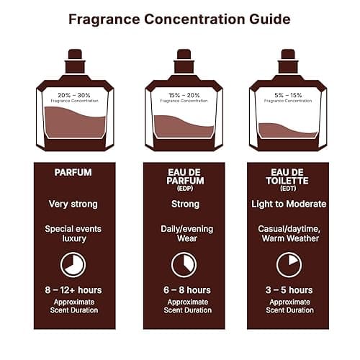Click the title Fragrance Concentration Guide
[x=180, y=19]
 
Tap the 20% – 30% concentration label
[x=73, y=94]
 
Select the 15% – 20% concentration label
[x=184, y=94]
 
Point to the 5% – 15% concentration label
[x=288, y=94]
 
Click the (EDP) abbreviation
[x=184, y=188]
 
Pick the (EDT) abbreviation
[x=288, y=188]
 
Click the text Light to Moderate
[x=288, y=204]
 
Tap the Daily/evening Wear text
[x=184, y=234]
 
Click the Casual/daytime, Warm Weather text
[x=288, y=234]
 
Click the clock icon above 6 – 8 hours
[x=184, y=264]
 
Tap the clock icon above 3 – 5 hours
[x=288, y=264]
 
